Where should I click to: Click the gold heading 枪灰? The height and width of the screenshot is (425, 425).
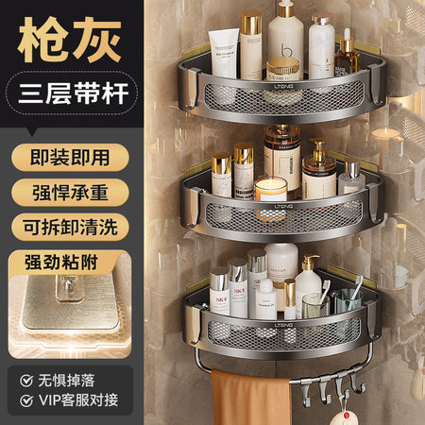pyautogui.click(x=70, y=40)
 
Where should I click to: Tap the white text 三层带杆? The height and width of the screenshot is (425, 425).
pyautogui.click(x=74, y=93)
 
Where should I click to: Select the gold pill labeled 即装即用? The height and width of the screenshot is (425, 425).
pyautogui.click(x=70, y=158)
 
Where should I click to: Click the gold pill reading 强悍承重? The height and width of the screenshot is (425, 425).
pyautogui.click(x=70, y=193)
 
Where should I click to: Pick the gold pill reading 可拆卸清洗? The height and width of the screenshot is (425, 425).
pyautogui.click(x=70, y=227)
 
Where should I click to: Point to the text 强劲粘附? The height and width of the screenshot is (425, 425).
pyautogui.click(x=61, y=263)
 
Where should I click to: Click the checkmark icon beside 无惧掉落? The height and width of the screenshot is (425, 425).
pyautogui.click(x=26, y=381)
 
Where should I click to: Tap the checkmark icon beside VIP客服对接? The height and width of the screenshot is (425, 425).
pyautogui.click(x=26, y=400)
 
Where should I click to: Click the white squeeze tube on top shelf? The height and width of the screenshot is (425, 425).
pyautogui.click(x=224, y=53)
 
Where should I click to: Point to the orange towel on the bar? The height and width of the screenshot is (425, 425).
pyautogui.click(x=250, y=398)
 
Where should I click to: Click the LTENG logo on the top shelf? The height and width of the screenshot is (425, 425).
pyautogui.click(x=283, y=86)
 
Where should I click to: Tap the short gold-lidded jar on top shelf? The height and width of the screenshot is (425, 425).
pyautogui.click(x=282, y=69)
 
